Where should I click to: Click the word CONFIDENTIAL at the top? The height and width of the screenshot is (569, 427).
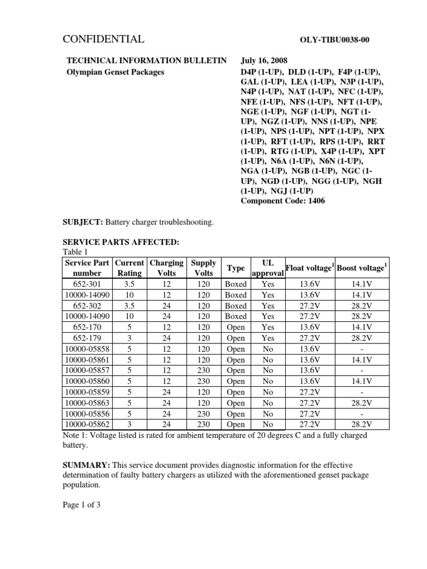pos(105,39)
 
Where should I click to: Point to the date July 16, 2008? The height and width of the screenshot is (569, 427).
pos(265,61)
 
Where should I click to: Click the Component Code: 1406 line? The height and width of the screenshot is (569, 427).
pos(283,201)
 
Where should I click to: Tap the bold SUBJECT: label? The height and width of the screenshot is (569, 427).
pos(85,222)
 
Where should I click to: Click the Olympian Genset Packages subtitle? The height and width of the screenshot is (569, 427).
pos(115,72)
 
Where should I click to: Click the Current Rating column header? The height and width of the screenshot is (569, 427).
pos(128,268)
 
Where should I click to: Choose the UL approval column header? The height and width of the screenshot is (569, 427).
pos(267,268)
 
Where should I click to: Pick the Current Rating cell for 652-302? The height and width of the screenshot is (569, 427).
pos(128,306)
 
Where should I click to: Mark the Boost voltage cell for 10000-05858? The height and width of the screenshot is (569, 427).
pos(362,348)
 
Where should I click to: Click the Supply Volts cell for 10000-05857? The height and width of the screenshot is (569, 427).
pos(203,370)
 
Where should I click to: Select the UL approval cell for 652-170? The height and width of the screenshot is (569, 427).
pos(267,327)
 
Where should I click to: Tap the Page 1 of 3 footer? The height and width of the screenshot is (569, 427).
pos(83,505)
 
